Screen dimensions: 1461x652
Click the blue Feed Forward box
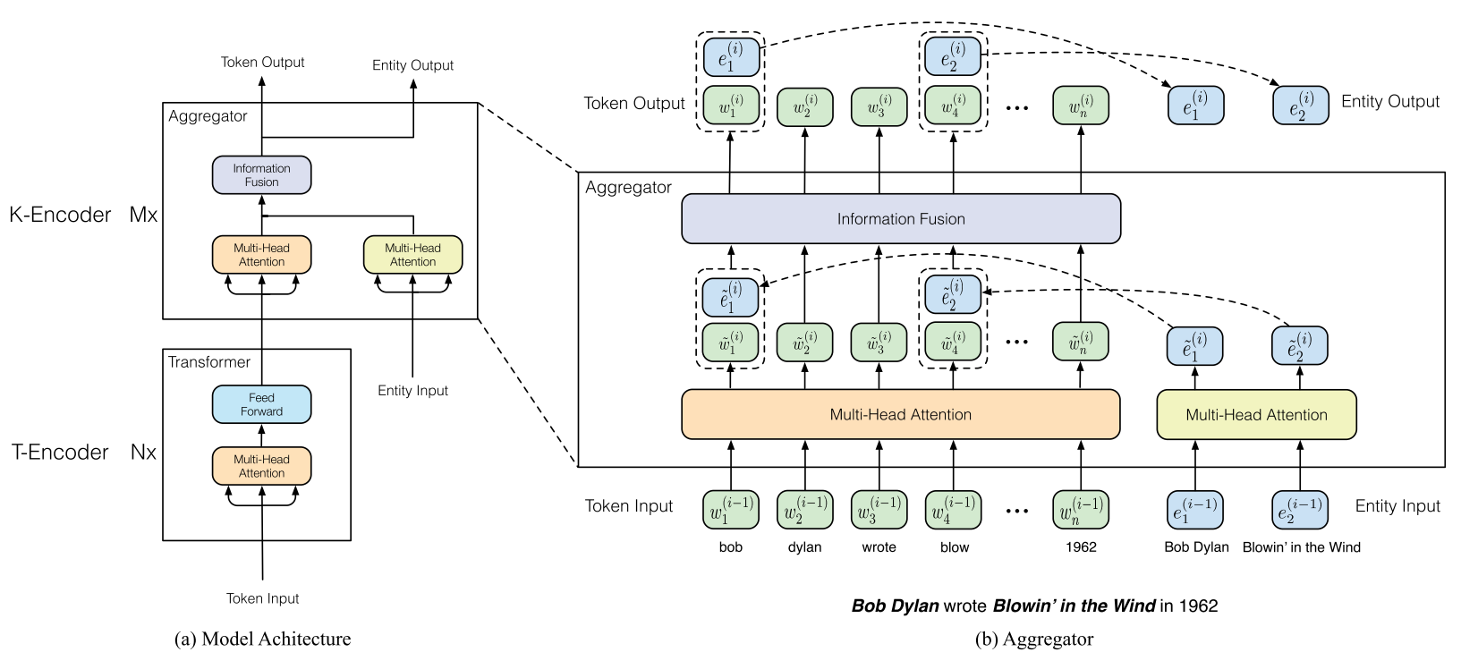click(x=261, y=404)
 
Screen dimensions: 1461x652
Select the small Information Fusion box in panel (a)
click(x=261, y=174)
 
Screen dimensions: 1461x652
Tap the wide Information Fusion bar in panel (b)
click(x=901, y=218)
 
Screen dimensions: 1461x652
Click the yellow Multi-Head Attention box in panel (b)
click(x=1256, y=415)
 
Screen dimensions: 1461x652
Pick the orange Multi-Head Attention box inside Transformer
click(x=261, y=466)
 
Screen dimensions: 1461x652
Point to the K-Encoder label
click(x=60, y=215)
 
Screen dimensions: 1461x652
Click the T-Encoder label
click(x=60, y=452)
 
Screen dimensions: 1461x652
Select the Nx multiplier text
click(x=143, y=452)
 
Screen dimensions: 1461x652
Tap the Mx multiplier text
click(x=143, y=215)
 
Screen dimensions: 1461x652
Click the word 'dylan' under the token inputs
click(x=805, y=547)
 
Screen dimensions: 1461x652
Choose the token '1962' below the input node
click(x=1081, y=547)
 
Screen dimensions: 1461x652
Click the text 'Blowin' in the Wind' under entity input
click(x=1301, y=547)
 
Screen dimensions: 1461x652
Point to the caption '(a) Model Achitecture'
click(x=262, y=639)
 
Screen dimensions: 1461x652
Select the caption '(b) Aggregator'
click(x=1033, y=639)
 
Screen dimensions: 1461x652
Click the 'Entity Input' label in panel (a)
click(x=412, y=391)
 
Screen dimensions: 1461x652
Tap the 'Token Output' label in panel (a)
click(x=262, y=62)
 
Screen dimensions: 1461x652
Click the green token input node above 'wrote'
click(x=879, y=510)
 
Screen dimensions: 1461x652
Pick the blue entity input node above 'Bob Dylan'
click(x=1195, y=510)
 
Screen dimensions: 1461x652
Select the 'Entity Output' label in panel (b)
click(x=1390, y=102)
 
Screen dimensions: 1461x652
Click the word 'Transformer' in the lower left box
click(x=208, y=362)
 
